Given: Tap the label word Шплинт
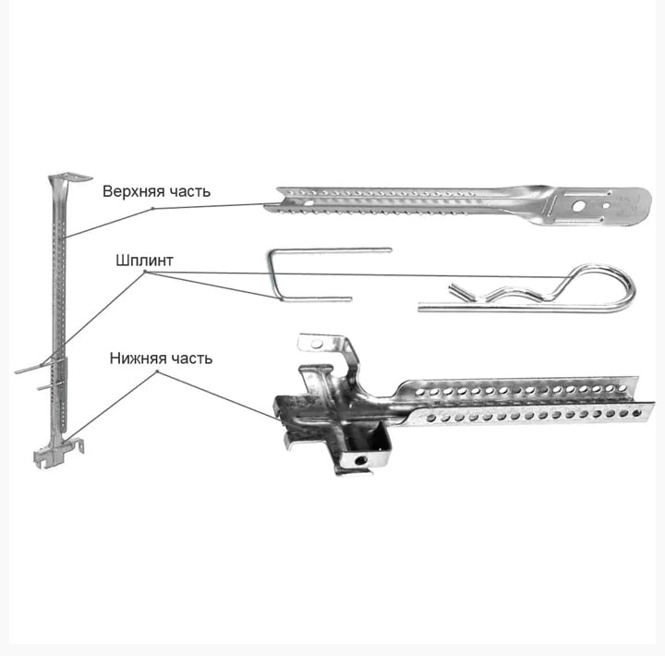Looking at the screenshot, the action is [x=145, y=261].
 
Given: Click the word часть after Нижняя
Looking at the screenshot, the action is [x=191, y=359].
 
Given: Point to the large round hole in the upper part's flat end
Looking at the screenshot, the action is [x=577, y=207].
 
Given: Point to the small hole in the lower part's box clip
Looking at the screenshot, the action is [x=361, y=460].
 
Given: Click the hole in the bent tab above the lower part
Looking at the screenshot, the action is [x=317, y=344].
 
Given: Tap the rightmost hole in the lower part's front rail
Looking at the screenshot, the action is [x=636, y=413].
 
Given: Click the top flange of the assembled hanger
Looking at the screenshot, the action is [x=70, y=177].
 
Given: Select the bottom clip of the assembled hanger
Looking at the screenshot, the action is [x=58, y=453].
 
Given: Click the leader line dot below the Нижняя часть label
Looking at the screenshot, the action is [x=157, y=371].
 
